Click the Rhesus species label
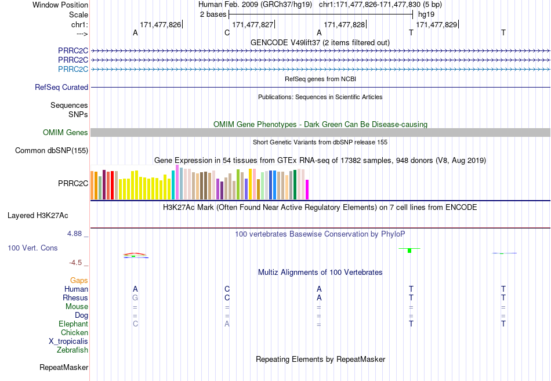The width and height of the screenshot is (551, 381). click(75, 297)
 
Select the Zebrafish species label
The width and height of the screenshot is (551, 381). click(72, 350)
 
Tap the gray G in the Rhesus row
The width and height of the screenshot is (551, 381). click(135, 297)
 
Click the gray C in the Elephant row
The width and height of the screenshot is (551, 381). click(135, 324)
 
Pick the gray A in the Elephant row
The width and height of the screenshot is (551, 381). click(227, 324)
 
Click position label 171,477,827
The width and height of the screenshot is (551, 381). click(253, 24)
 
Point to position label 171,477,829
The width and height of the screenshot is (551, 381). click(436, 24)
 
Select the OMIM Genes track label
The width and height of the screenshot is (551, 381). click(66, 132)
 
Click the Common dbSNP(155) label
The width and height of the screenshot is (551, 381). click(52, 150)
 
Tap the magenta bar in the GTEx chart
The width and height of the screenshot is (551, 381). click(307, 190)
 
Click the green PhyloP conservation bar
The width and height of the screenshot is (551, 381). click(409, 251)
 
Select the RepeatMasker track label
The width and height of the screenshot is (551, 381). click(64, 367)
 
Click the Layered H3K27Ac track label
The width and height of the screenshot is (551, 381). click(38, 216)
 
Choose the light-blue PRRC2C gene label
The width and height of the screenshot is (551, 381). click(73, 69)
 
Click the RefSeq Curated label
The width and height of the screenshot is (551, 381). click(61, 87)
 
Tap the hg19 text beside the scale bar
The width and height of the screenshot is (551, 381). click(426, 14)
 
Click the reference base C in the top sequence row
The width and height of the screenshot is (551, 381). click(227, 32)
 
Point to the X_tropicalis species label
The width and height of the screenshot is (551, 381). click(68, 342)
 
